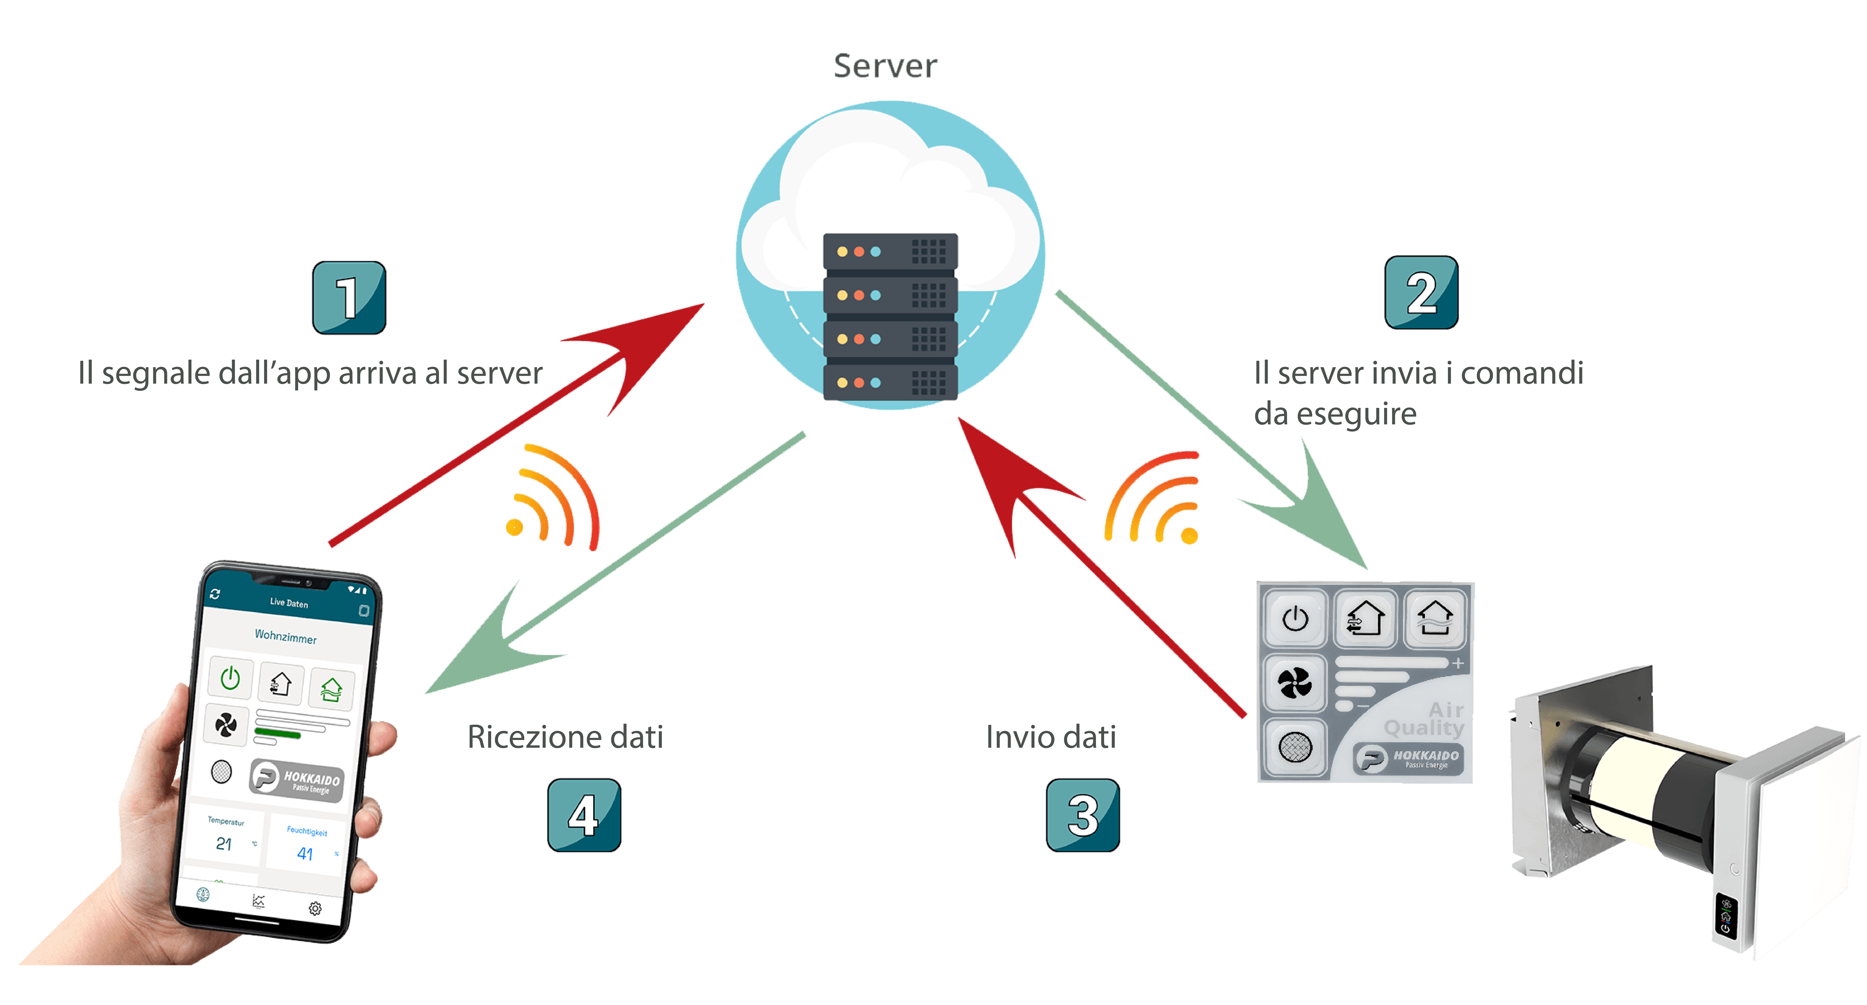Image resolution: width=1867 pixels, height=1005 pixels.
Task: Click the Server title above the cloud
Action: click(x=885, y=66)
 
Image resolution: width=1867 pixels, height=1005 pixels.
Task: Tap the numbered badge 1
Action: click(x=349, y=298)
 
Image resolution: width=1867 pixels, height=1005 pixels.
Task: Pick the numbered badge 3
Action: click(x=1083, y=815)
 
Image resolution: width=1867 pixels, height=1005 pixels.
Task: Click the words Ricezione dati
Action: click(x=565, y=737)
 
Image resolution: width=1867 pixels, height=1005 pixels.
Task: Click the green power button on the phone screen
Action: click(x=230, y=678)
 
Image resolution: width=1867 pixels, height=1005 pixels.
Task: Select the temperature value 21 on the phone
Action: click(x=224, y=844)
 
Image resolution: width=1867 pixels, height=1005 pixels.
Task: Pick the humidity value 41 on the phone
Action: click(x=305, y=854)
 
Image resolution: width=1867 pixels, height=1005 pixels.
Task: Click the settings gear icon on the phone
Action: click(x=315, y=908)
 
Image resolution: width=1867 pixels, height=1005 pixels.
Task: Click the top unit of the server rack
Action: click(x=890, y=251)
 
